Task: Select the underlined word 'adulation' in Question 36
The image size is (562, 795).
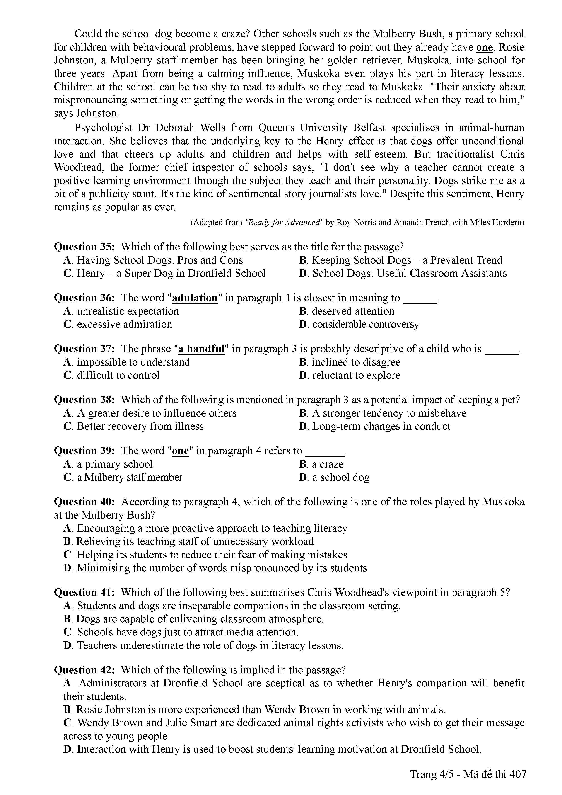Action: [195, 298]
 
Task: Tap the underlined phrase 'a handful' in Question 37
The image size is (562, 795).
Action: [201, 349]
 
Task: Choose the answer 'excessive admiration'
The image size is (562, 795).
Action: [124, 325]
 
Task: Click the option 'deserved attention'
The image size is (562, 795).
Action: [353, 311]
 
